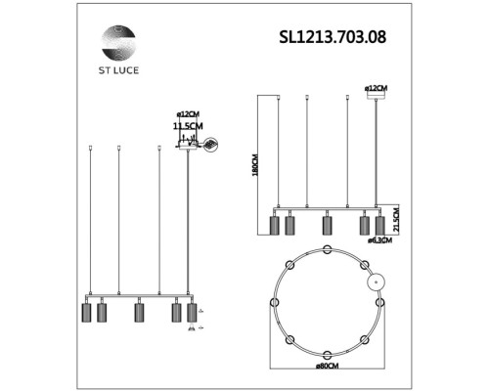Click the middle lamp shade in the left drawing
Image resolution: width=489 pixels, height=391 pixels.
pyautogui.click(x=139, y=314)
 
